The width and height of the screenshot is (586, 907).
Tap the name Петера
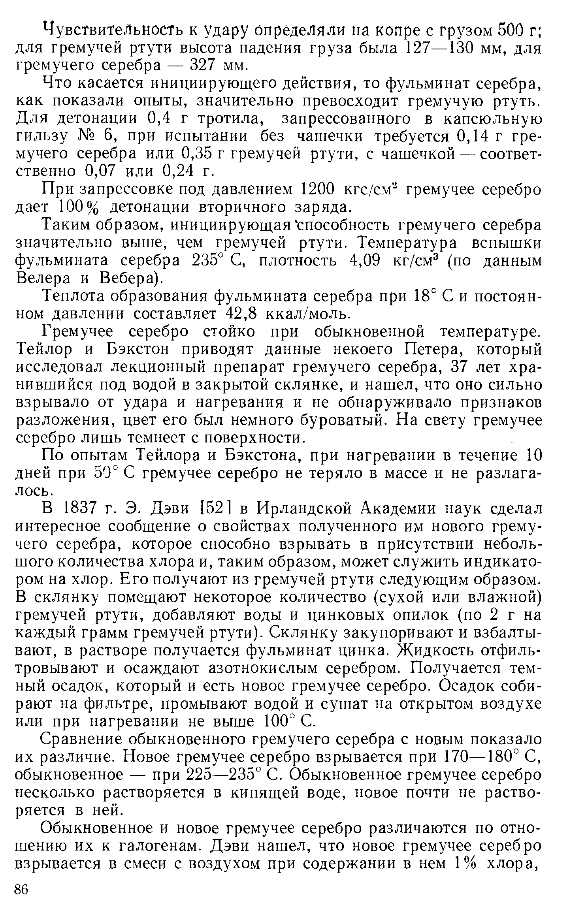428,349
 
